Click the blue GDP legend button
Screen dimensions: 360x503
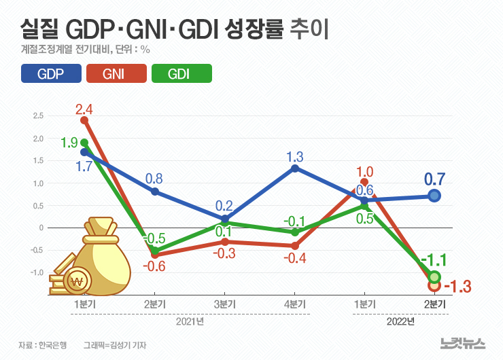(52, 73)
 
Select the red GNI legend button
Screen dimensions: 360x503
(116, 73)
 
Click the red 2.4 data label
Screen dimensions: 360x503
(84, 109)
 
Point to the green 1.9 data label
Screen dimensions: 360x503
(69, 143)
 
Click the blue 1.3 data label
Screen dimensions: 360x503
(294, 155)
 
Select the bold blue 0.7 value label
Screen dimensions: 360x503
(434, 179)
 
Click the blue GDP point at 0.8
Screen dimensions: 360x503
(155, 192)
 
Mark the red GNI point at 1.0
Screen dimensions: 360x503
(365, 182)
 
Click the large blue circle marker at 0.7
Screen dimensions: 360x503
(434, 196)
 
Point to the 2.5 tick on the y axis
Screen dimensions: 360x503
(37, 116)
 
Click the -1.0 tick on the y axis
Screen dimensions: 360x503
(36, 272)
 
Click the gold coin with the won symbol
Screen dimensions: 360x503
(80, 281)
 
